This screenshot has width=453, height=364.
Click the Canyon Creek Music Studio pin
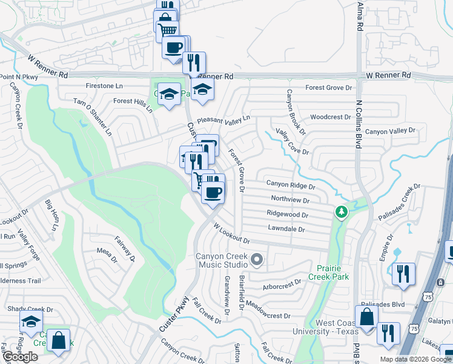point(256,260)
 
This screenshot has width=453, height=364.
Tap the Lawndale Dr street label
point(286,229)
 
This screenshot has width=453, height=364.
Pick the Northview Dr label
point(290,199)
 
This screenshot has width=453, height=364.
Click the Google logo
point(20,357)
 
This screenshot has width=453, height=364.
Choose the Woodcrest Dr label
point(330,117)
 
